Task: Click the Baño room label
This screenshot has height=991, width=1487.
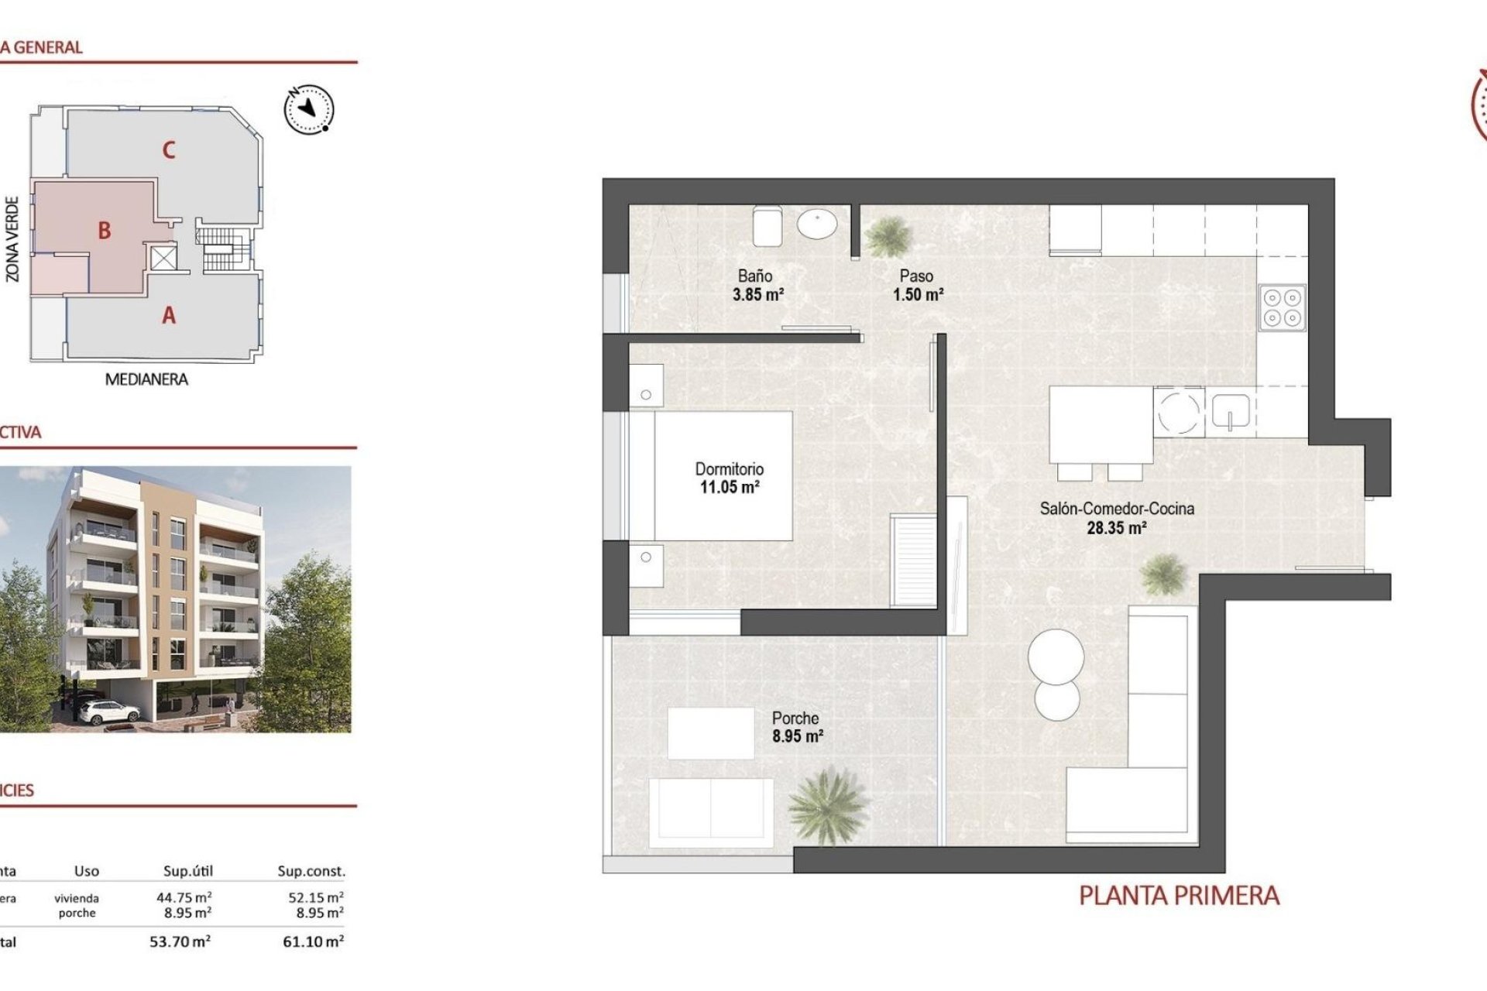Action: (x=754, y=276)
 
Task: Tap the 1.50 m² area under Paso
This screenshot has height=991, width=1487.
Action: (x=918, y=295)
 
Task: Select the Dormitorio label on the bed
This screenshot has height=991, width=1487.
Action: (x=729, y=469)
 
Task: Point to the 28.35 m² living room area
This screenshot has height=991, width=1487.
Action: (x=1116, y=529)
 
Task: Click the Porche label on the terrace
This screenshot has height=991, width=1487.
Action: (x=795, y=718)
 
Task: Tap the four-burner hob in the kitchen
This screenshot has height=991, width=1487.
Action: (x=1282, y=308)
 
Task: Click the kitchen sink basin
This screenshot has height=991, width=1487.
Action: (x=1230, y=411)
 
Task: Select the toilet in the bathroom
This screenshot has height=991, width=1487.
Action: (x=768, y=225)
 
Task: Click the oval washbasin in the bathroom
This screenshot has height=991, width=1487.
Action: (x=817, y=225)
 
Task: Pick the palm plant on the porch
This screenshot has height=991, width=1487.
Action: (x=826, y=805)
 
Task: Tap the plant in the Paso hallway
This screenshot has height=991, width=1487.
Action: (x=888, y=235)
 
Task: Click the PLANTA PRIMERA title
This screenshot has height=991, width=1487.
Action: (x=1179, y=896)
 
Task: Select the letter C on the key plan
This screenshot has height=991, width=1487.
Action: (x=169, y=150)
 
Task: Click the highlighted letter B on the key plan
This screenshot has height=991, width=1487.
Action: (x=104, y=231)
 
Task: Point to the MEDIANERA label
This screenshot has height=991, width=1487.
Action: (x=146, y=379)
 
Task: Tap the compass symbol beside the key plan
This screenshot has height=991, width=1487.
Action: (x=309, y=109)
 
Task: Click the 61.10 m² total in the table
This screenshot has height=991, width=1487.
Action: (x=313, y=942)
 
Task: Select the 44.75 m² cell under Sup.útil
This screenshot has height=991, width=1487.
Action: (x=184, y=897)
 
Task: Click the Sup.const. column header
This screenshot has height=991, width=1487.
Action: (x=311, y=871)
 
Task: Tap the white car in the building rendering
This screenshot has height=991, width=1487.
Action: (x=102, y=710)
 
